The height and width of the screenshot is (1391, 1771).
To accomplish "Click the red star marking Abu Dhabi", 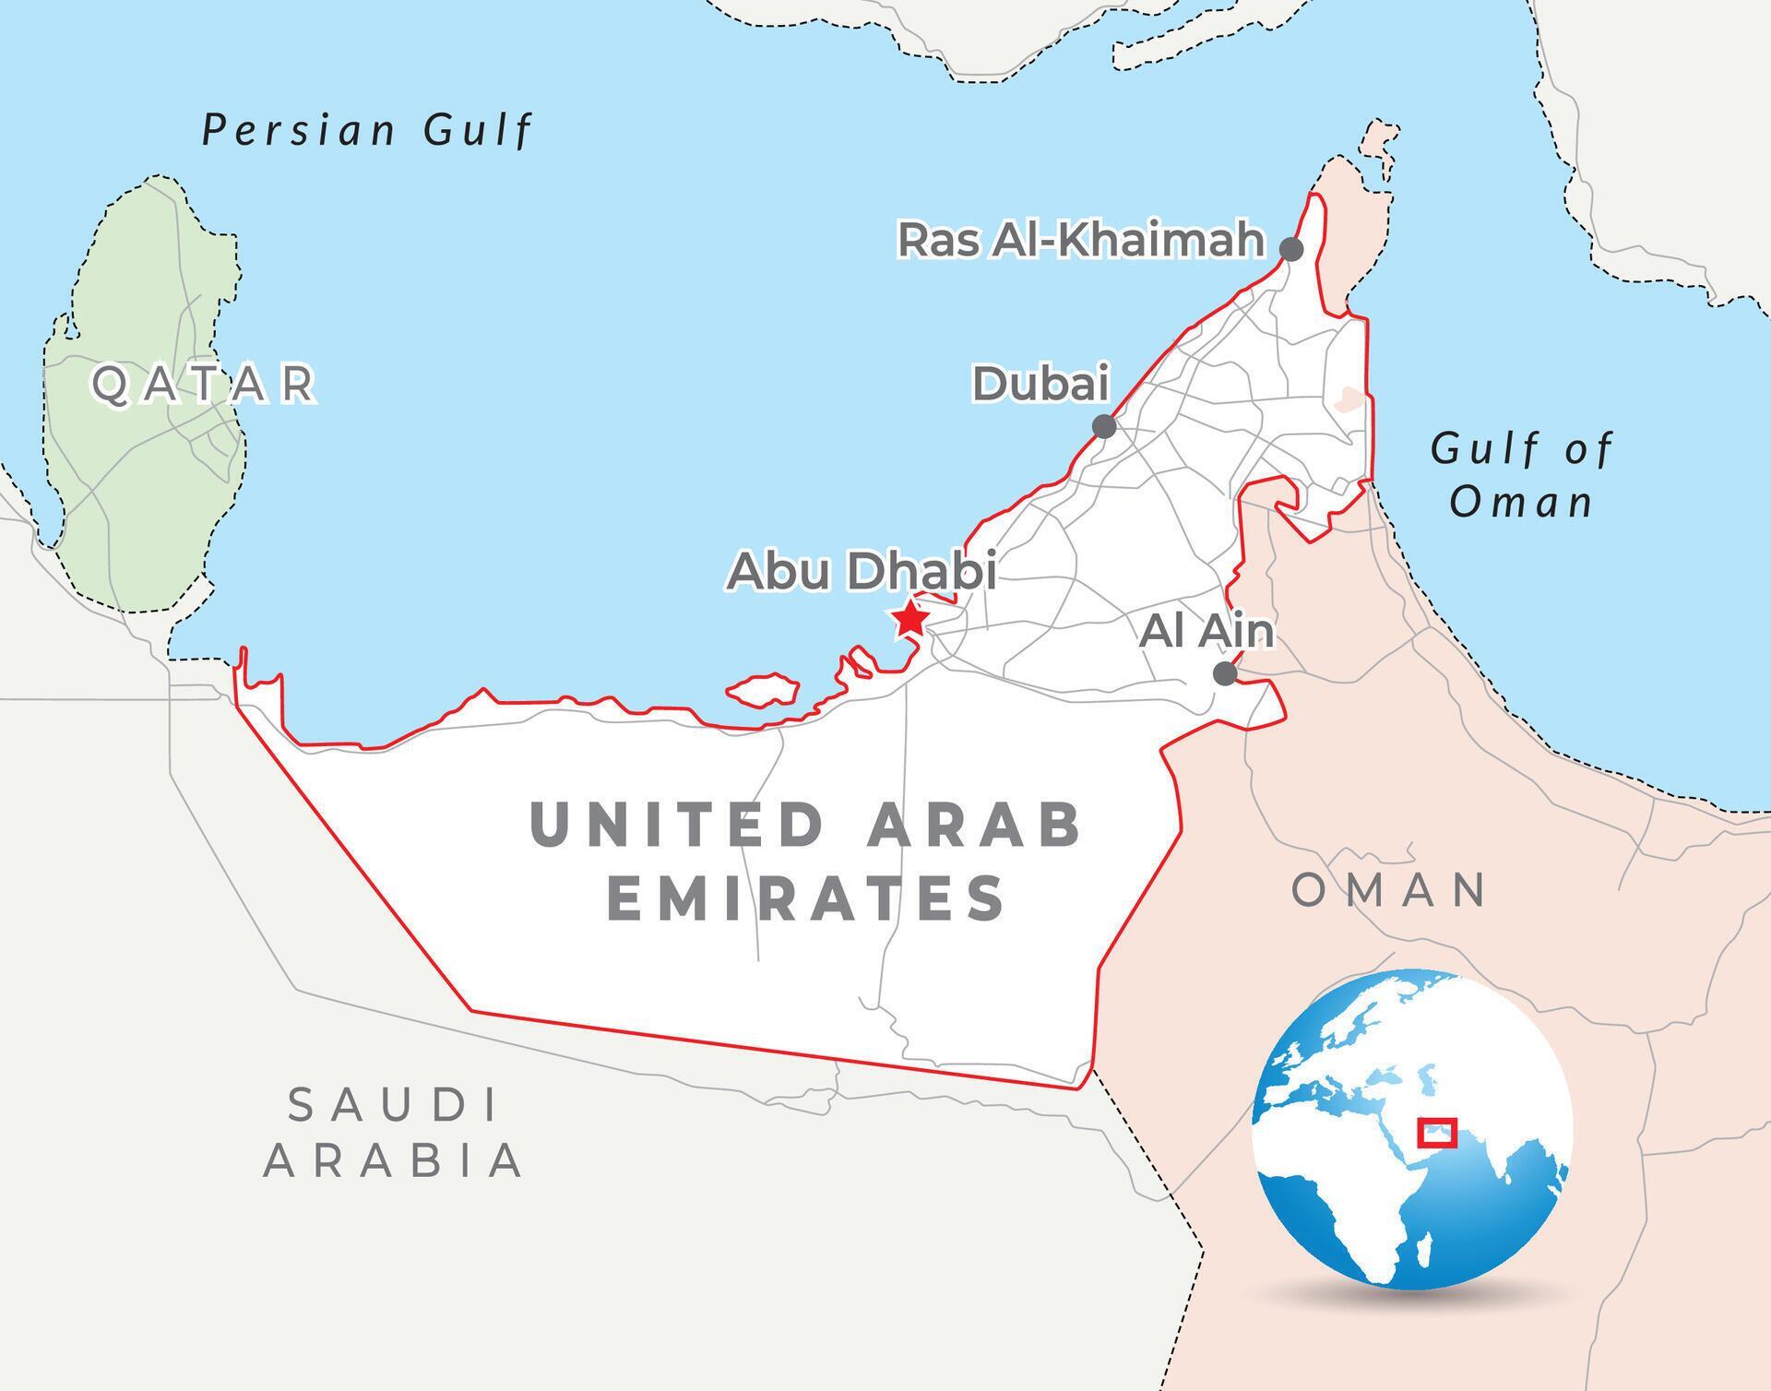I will point(910,619).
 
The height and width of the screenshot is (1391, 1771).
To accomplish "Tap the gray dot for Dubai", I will point(1104,426).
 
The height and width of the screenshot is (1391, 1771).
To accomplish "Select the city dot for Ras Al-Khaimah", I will point(1291,249).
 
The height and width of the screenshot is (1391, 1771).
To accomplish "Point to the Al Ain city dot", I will point(1225,673).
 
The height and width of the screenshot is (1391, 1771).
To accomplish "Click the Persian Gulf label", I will point(367,130).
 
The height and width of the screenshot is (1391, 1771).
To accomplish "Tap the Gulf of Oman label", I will point(1522,476).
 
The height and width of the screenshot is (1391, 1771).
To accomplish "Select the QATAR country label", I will point(204,384).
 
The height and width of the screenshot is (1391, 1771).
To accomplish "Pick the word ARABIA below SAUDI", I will point(394,1160).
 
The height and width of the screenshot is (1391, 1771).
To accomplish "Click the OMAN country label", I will point(1388,890).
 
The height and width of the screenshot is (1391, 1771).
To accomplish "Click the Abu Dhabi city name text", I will point(862,571).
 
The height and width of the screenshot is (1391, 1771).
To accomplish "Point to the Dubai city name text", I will point(1040,384).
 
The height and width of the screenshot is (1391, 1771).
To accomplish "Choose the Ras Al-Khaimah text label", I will point(1081,240).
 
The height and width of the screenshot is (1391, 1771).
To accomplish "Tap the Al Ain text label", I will point(1206,631).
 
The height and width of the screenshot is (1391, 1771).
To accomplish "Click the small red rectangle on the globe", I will point(1436,1132).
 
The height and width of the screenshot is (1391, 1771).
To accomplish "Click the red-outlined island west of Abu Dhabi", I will point(762,690).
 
